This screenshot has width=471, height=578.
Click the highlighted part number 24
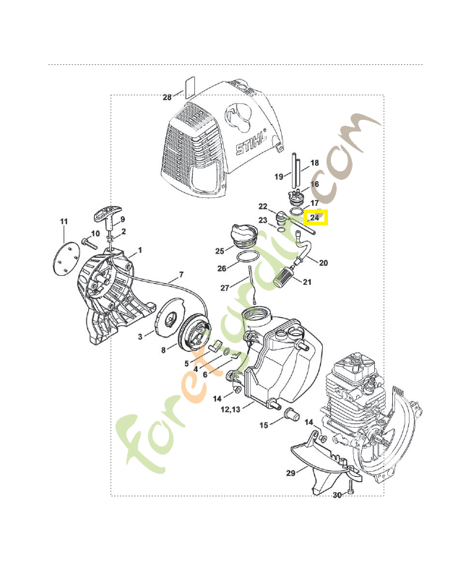(314, 217)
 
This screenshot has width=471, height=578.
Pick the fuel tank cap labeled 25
(243, 237)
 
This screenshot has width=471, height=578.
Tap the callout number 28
(167, 98)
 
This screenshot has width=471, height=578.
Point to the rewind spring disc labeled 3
(168, 316)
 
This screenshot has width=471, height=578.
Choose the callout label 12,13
(230, 409)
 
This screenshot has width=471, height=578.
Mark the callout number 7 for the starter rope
(181, 275)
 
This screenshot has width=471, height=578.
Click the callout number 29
(291, 473)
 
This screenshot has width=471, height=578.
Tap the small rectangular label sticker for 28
(189, 87)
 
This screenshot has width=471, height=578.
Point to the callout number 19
(279, 177)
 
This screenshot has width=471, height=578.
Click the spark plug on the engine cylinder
(369, 384)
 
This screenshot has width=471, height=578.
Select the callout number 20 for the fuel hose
(323, 263)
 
